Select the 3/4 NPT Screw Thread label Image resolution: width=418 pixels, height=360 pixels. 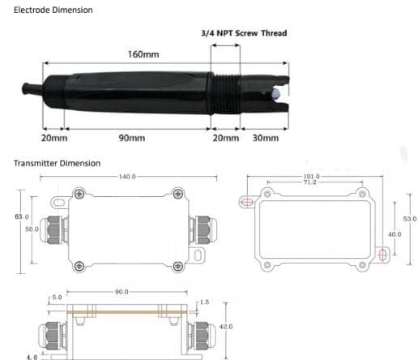[243, 33]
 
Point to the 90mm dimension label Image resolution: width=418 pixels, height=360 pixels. [131, 138]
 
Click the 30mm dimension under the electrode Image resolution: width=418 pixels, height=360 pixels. [265, 138]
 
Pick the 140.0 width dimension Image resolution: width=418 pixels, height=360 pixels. [127, 176]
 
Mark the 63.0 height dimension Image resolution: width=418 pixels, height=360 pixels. [22, 216]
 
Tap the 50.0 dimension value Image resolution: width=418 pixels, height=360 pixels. [32, 229]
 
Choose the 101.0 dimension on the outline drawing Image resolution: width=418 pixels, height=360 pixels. [311, 176]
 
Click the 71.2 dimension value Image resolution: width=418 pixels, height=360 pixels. [311, 182]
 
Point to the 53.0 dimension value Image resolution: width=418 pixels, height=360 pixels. [410, 219]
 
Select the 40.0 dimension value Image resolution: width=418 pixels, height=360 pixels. [394, 234]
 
